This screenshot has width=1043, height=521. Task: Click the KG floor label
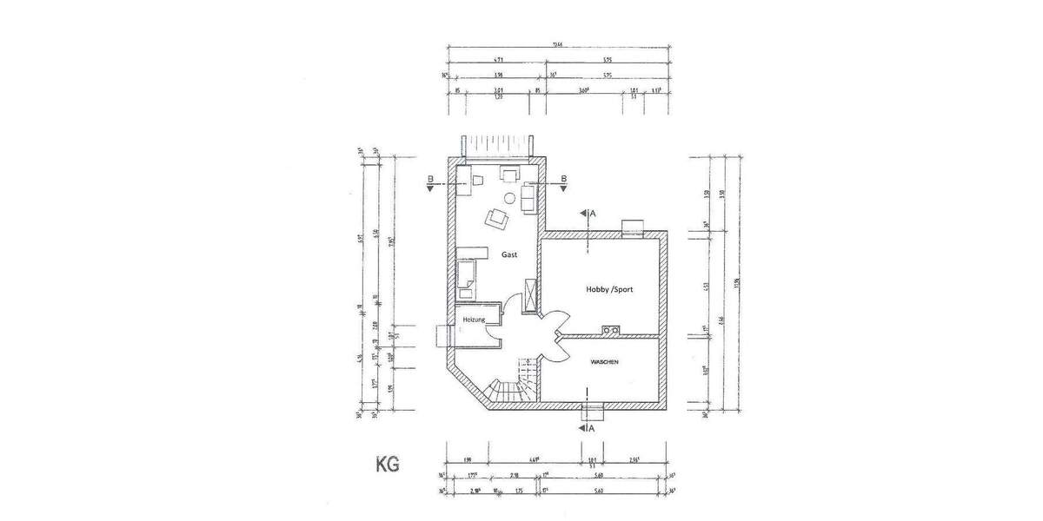point(387,465)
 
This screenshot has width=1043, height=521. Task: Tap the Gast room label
point(509,254)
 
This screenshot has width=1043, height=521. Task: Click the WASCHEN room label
point(604,362)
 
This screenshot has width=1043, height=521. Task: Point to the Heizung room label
point(474,320)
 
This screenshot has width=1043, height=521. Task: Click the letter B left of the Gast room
point(430,179)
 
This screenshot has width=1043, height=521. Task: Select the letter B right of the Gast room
point(563,179)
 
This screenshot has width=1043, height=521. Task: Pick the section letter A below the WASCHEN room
point(592,428)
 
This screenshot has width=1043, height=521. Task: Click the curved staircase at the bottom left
point(502,391)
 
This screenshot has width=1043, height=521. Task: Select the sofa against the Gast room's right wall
point(528,197)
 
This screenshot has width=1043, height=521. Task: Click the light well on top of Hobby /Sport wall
point(632,227)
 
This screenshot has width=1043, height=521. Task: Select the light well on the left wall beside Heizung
point(441,335)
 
